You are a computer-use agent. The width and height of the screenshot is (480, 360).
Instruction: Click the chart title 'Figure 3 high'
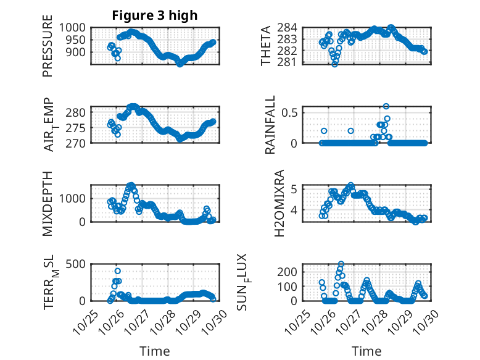coord(155,15)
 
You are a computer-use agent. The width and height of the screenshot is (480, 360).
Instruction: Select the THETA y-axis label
coord(266,46)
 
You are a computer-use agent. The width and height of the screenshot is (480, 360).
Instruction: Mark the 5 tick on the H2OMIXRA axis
coord(295,189)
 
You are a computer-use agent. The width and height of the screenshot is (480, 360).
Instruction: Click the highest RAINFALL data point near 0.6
coord(386,106)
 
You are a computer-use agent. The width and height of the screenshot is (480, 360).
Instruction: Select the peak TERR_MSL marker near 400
coord(117,271)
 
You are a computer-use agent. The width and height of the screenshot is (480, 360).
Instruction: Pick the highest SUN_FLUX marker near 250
coord(341,264)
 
